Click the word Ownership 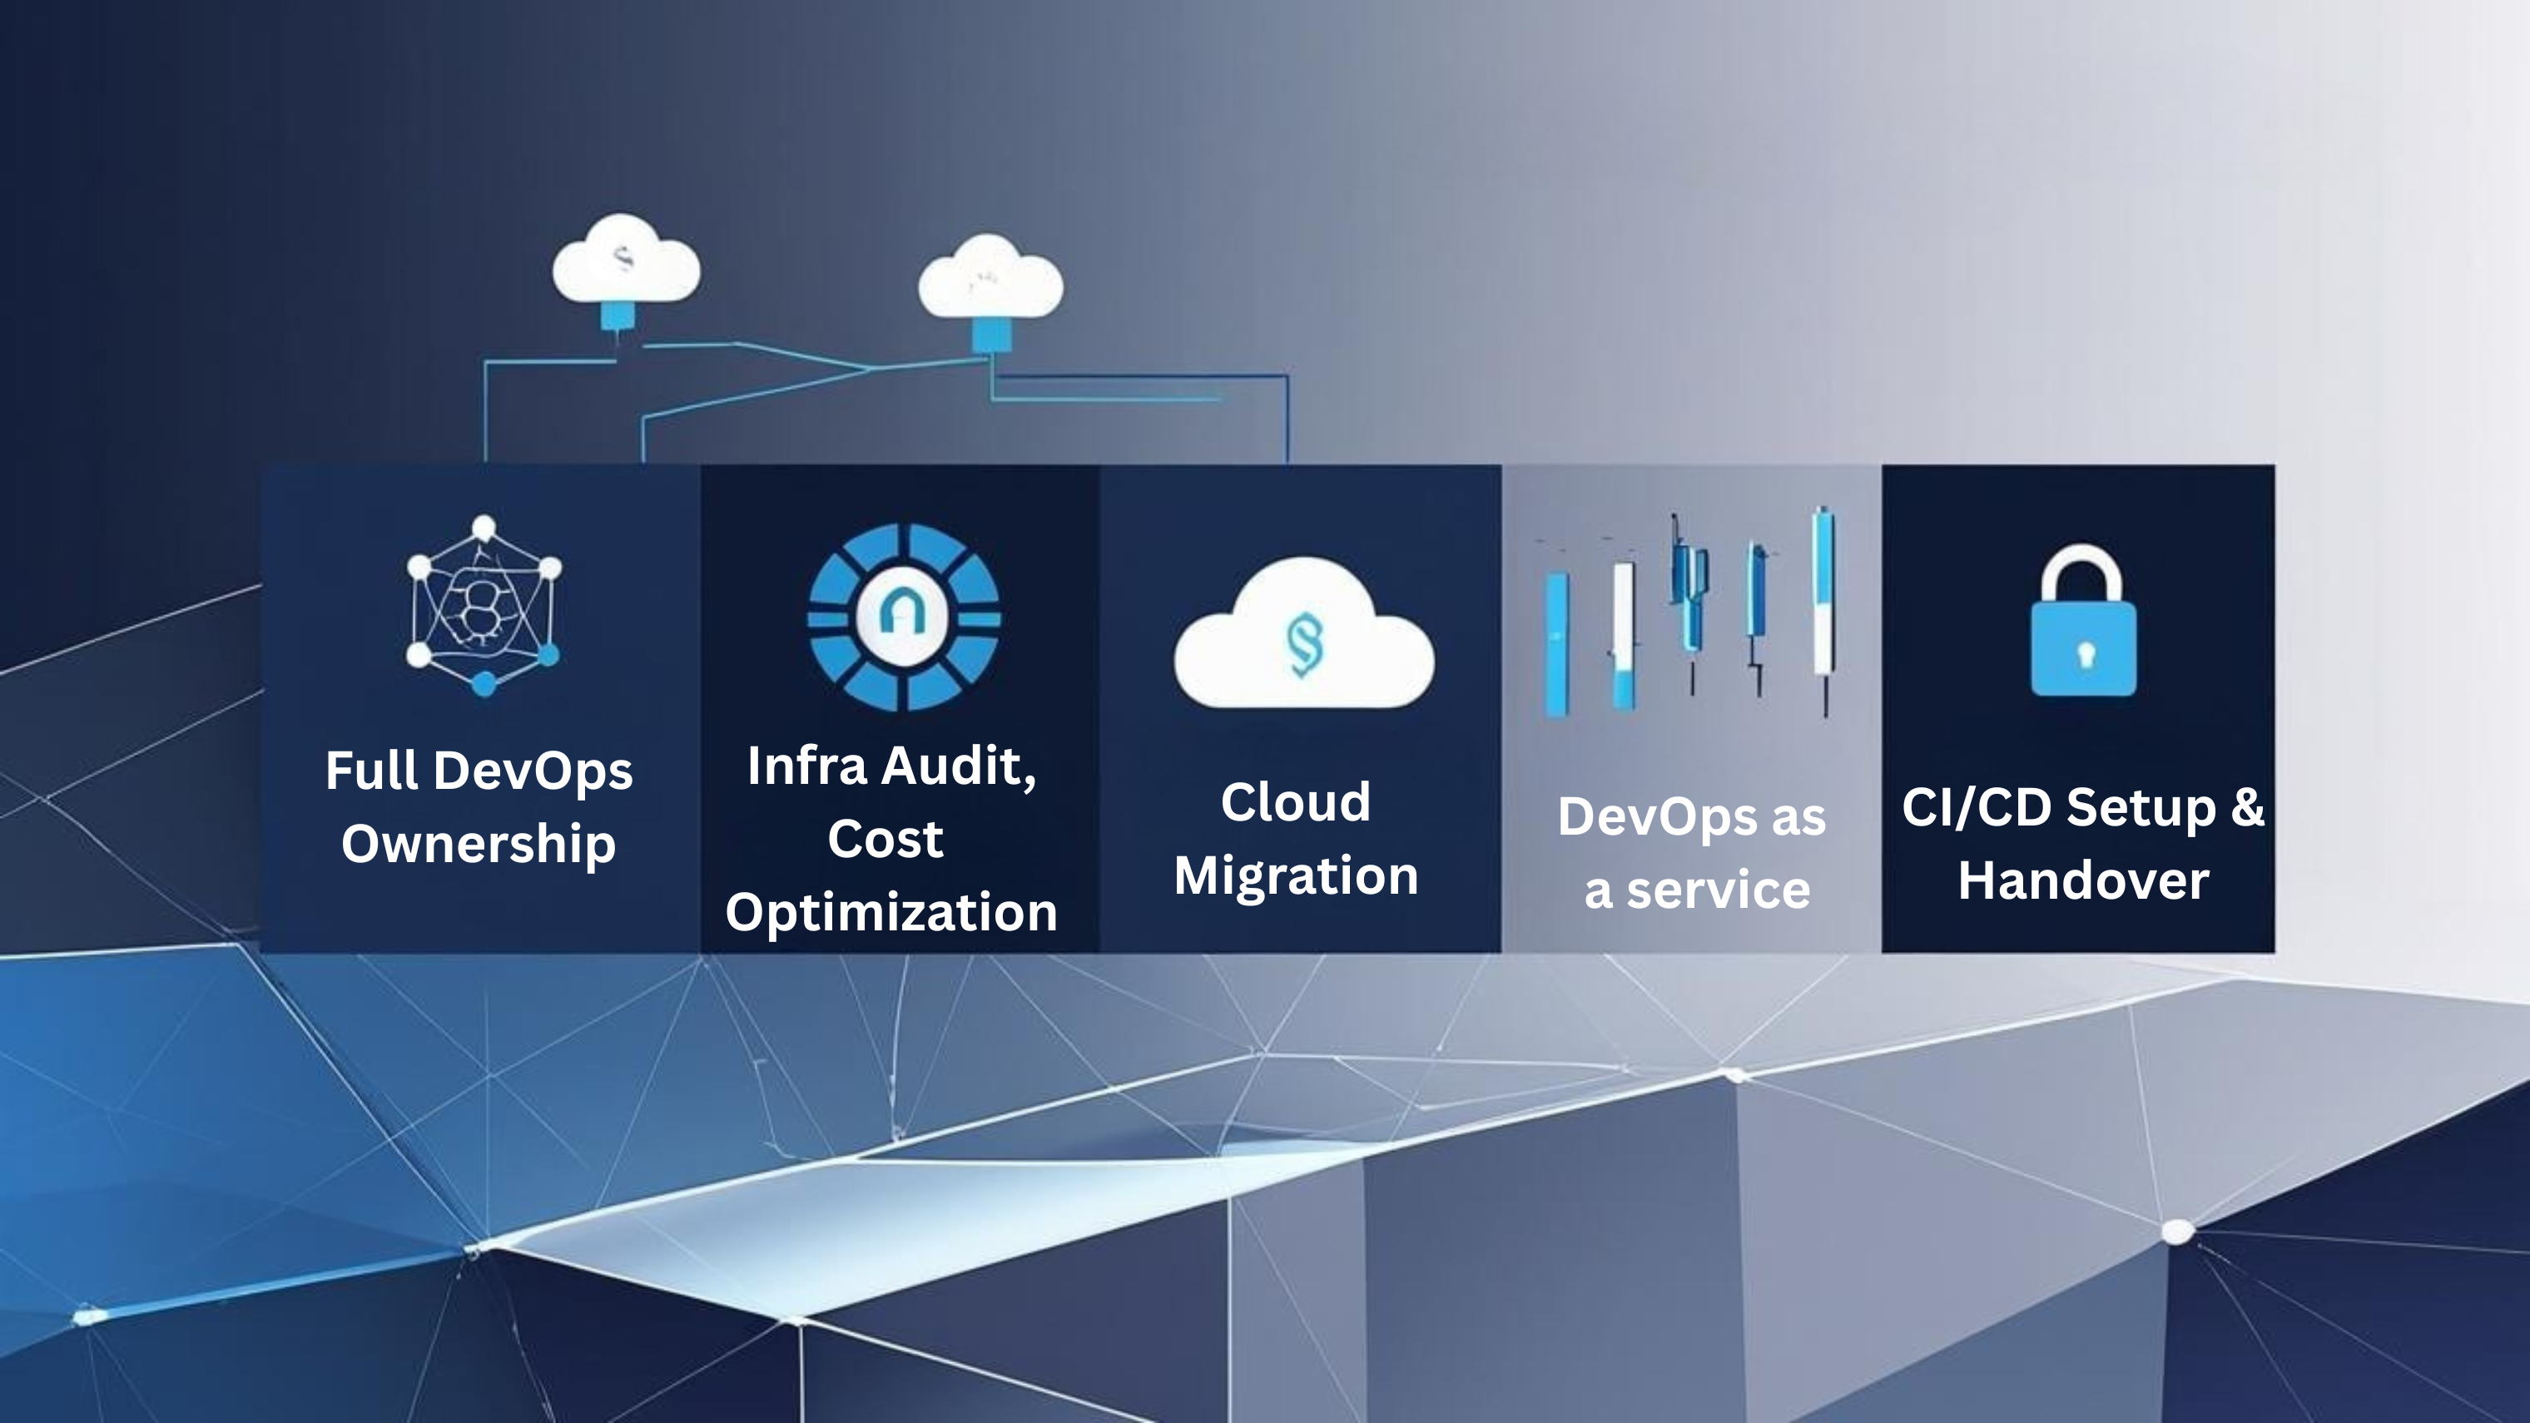[x=479, y=844]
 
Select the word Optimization [x=890, y=912]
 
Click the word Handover [x=2083, y=880]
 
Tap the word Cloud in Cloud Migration [x=1296, y=802]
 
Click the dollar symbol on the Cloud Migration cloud [x=1304, y=644]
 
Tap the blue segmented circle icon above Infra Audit [x=904, y=617]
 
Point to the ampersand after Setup [x=2246, y=807]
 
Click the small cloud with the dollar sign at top [x=626, y=260]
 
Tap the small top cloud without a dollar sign [x=990, y=279]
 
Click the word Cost [x=885, y=840]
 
